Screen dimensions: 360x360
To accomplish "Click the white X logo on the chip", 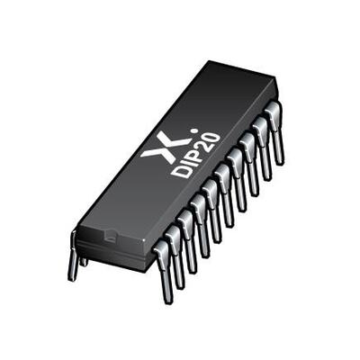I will (x=159, y=145).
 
